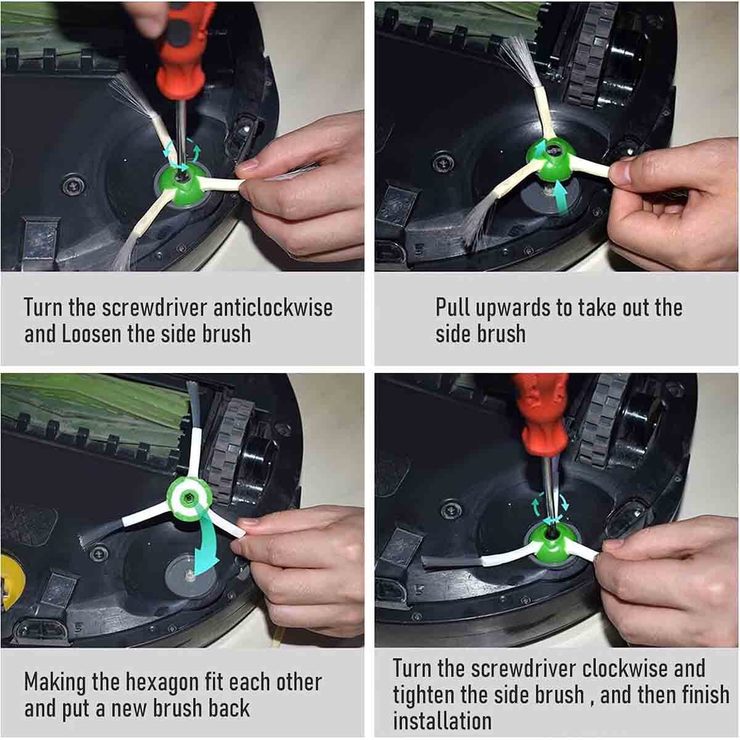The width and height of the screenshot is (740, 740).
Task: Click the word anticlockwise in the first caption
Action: [273, 308]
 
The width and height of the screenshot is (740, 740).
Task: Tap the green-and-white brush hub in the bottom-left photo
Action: [189, 498]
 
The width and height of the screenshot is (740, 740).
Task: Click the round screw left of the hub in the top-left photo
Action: [73, 186]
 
